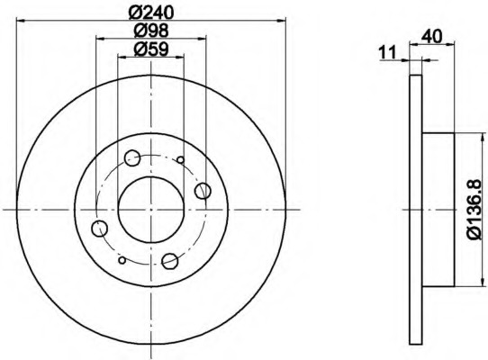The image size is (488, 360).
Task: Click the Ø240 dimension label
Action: click(x=150, y=12)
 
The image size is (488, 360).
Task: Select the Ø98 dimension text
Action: click(x=151, y=31)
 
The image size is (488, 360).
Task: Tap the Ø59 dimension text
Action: click(x=151, y=49)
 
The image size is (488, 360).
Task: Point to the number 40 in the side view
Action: click(x=431, y=37)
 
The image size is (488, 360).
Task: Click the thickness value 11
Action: click(x=388, y=52)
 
